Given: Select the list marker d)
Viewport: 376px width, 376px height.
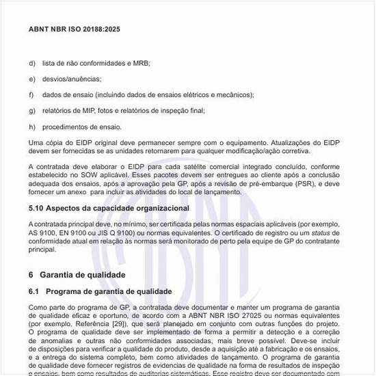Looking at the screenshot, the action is click(x=32, y=63).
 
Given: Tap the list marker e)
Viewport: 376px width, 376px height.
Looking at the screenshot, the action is click(x=32, y=79).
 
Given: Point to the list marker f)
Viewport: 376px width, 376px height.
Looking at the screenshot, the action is click(x=31, y=94).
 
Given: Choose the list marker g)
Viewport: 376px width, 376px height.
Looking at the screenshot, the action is click(x=32, y=110).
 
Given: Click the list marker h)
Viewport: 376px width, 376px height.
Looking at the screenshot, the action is click(x=32, y=126).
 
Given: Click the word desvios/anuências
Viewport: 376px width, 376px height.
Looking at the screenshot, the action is click(x=71, y=79).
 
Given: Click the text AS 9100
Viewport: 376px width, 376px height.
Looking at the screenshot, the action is click(x=42, y=232).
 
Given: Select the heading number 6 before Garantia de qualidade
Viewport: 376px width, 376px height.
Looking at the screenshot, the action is click(x=31, y=275).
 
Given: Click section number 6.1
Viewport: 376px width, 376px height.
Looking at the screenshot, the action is click(x=34, y=291).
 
